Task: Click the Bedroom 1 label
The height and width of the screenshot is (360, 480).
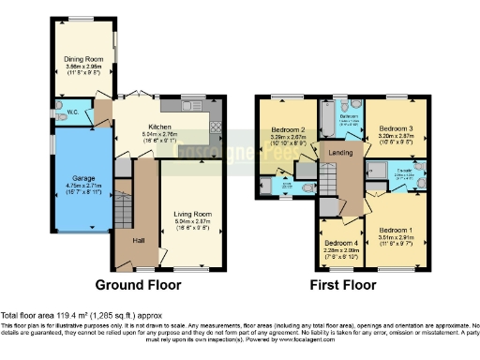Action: point(396,230)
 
